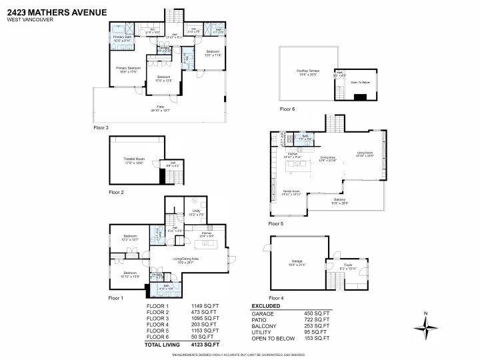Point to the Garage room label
pyautogui.click(x=297, y=262)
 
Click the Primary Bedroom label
pyautogui.click(x=129, y=69)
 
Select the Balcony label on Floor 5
pyautogui.click(x=339, y=199)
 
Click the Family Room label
pyautogui.click(x=291, y=192)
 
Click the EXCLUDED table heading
pyautogui.click(x=266, y=306)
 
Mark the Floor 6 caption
pyautogui.click(x=287, y=109)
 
